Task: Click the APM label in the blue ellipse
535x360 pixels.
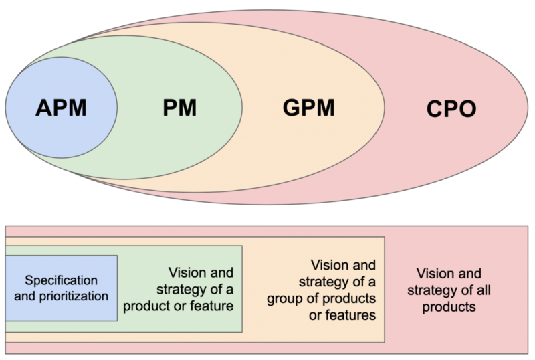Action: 61,108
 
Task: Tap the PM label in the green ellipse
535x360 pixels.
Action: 179,108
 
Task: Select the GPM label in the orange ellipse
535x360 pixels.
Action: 309,108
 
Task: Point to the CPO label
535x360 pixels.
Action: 451,109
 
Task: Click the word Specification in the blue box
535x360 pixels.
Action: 61,280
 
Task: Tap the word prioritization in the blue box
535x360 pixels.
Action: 74,296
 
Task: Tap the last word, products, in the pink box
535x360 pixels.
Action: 449,307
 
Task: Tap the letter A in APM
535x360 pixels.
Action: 43,108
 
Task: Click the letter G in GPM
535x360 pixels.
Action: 292,108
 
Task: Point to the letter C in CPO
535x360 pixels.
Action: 435,109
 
